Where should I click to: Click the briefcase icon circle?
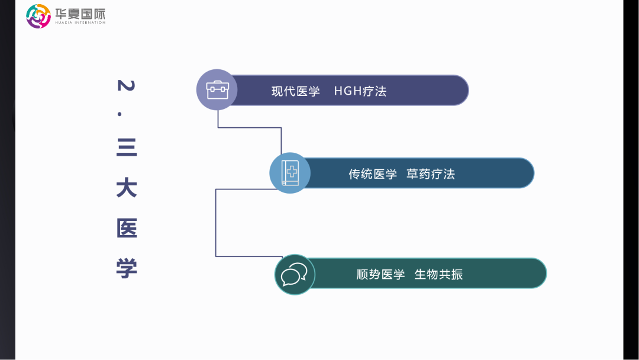(x=217, y=90)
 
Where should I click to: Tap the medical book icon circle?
(x=290, y=173)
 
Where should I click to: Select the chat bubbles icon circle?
(x=295, y=275)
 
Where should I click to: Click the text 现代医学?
(x=296, y=91)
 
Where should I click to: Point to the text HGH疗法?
(x=360, y=91)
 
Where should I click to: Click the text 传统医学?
(x=373, y=174)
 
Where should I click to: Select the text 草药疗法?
(x=431, y=174)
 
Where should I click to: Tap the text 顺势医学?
(x=380, y=275)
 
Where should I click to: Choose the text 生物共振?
(x=438, y=275)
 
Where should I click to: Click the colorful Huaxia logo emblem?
(x=38, y=16)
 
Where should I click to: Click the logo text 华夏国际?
(x=80, y=13)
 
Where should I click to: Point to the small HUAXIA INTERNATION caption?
(x=80, y=23)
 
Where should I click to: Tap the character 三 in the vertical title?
(x=127, y=147)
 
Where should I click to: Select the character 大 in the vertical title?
(x=127, y=188)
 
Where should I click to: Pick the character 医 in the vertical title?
(x=127, y=228)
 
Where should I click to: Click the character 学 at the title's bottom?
(x=127, y=268)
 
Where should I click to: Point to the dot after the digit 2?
(x=127, y=113)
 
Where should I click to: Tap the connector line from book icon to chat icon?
(x=216, y=223)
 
